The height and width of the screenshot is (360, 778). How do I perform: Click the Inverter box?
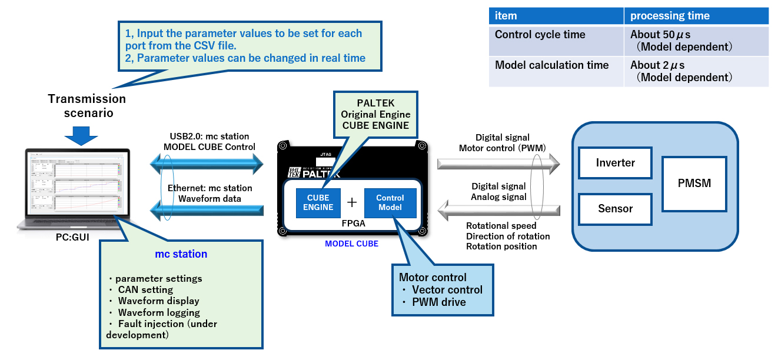coord(616,162)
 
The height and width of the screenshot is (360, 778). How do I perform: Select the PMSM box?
coord(694,183)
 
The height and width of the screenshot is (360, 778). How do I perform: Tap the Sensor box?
coord(615,208)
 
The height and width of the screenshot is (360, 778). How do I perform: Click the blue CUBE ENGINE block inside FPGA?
coord(318,202)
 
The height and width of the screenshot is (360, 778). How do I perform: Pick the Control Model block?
coord(390,202)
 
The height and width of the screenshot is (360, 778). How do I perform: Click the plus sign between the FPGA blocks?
coord(352,202)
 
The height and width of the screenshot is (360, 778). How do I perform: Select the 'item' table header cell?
coord(556,16)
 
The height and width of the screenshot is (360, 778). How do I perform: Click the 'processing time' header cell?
coord(696,16)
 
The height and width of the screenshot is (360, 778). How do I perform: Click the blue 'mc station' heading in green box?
coord(181,254)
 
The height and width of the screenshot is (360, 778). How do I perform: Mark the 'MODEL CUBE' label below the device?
coord(351,244)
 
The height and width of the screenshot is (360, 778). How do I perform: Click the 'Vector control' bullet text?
coord(447,289)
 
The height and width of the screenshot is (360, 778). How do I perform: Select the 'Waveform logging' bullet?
coord(158,312)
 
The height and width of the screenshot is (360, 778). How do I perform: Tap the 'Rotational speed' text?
coord(501,226)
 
